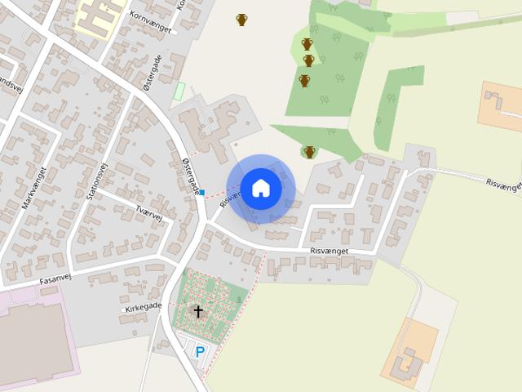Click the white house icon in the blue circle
click(x=261, y=188)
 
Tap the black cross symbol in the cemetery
click(x=198, y=311)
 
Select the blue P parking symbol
click(x=199, y=352)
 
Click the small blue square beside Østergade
click(x=202, y=193)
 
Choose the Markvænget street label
click(x=35, y=187)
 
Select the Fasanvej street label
click(x=58, y=279)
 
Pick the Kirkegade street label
click(x=144, y=307)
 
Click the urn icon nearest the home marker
click(x=309, y=151)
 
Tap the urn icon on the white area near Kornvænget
click(x=241, y=20)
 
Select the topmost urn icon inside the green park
click(x=307, y=44)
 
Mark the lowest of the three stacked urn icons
click(x=304, y=81)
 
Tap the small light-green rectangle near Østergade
click(x=179, y=91)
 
